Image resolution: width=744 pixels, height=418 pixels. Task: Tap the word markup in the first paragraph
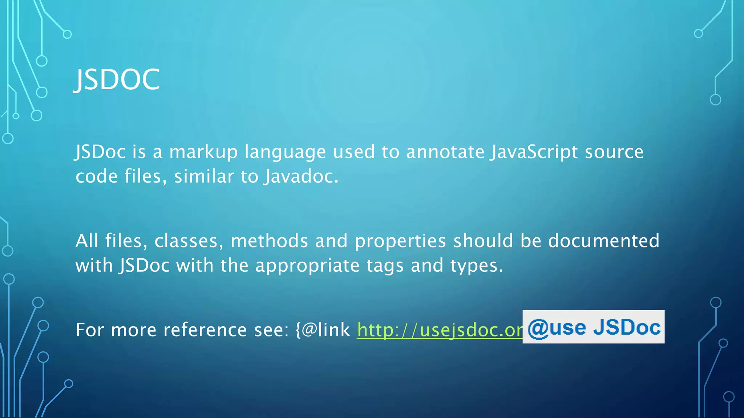(203, 152)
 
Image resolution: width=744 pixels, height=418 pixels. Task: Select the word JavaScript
(534, 152)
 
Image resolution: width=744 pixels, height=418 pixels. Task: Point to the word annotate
(445, 152)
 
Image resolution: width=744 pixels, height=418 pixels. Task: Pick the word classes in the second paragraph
(186, 241)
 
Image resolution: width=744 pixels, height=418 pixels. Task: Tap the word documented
(603, 241)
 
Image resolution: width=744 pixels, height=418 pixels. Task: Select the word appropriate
(307, 266)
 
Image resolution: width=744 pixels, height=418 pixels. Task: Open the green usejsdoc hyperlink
(440, 330)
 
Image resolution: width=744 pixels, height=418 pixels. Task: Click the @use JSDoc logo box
(594, 327)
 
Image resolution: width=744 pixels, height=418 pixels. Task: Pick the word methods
(269, 241)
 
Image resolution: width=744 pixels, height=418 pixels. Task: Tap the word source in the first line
(614, 152)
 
